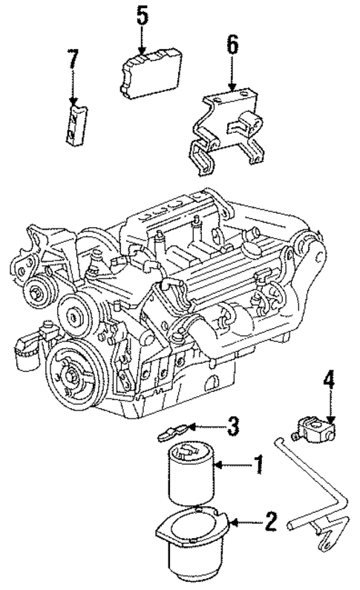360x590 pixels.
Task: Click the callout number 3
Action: tap(232, 426)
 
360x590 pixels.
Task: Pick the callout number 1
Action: tap(258, 466)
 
